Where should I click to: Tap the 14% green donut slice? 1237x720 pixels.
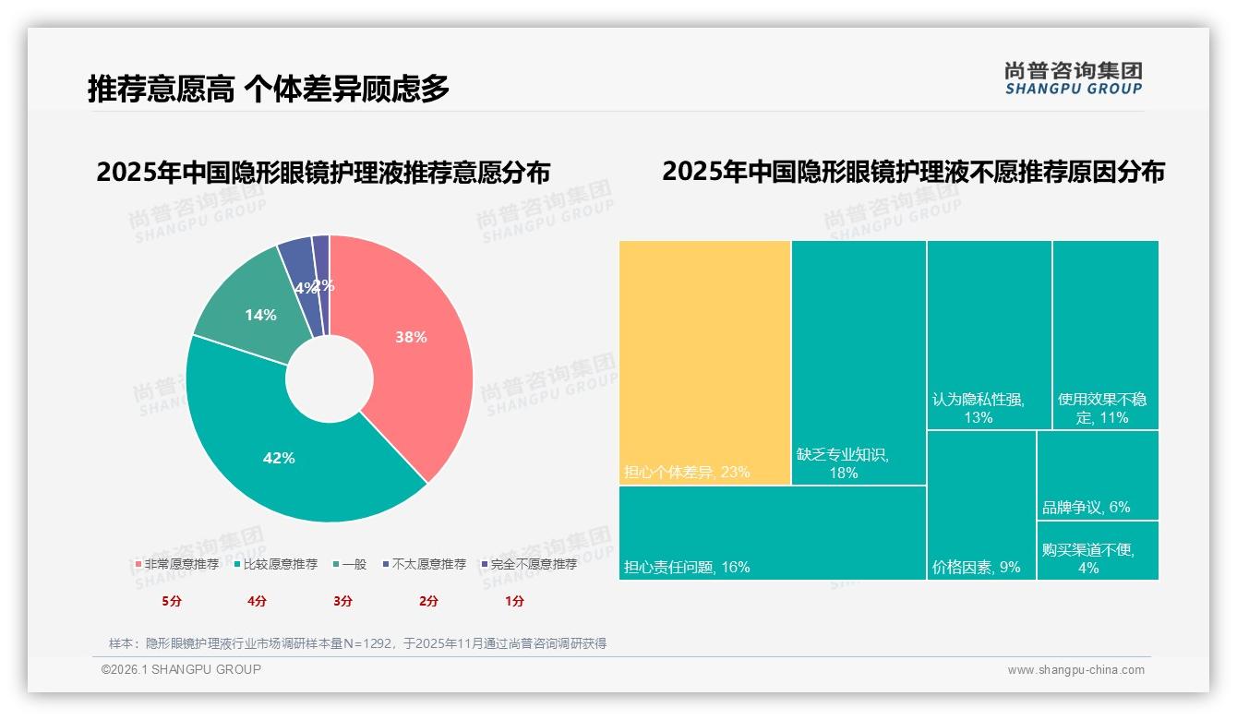pos(260,315)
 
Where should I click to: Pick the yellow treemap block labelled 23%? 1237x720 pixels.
pos(704,362)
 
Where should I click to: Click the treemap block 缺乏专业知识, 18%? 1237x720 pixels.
pos(859,362)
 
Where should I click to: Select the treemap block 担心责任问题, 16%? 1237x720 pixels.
pos(772,533)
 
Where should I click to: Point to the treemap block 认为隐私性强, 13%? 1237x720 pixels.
pos(989,334)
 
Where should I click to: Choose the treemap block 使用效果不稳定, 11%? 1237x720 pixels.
pos(1105,334)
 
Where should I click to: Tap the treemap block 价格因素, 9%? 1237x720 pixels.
pos(981,505)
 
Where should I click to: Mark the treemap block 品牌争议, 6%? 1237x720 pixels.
pos(1097,475)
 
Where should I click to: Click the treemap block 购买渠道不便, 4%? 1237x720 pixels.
pos(1097,551)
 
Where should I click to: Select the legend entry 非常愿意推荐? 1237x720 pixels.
pos(176,564)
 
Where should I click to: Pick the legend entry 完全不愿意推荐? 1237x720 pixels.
pos(528,564)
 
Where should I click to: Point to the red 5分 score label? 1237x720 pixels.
pos(173,601)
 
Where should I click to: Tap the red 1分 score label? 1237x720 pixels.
pos(514,601)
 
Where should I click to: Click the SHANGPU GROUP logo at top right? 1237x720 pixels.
pos(1073,78)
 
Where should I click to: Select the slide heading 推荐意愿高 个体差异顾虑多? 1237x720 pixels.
pos(269,89)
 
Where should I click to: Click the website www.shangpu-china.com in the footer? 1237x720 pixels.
pos(1075,670)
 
